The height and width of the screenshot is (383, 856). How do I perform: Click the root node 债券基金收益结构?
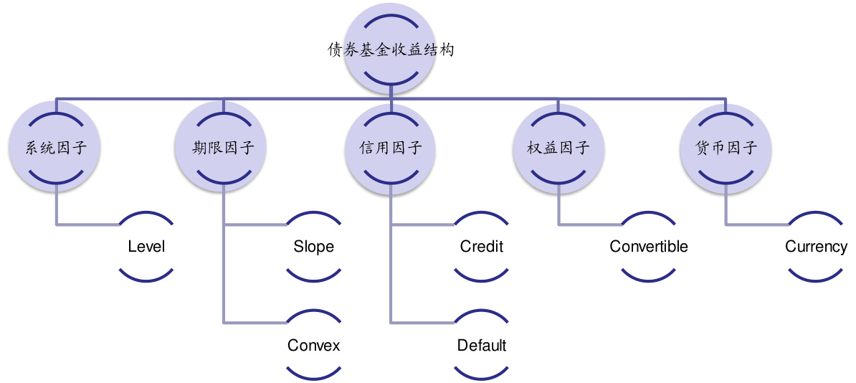[x=391, y=50]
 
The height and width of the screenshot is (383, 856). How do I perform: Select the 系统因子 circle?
[x=56, y=148]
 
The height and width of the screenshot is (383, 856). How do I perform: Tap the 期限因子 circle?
[x=224, y=148]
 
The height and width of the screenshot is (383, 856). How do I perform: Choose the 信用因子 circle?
[x=391, y=148]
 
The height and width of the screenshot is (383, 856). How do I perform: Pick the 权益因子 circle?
[x=558, y=148]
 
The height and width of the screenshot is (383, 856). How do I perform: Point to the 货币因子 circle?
[x=726, y=148]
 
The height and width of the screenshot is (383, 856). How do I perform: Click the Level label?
[x=146, y=247]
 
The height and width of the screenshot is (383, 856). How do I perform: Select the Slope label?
[x=313, y=247]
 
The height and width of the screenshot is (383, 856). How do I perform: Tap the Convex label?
[x=313, y=345]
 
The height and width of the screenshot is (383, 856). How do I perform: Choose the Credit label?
[x=482, y=247]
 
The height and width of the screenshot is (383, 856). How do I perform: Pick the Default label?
[x=482, y=345]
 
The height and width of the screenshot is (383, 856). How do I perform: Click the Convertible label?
[x=649, y=247]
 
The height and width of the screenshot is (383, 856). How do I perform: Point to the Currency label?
[x=816, y=247]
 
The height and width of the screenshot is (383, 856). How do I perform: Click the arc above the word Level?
[x=146, y=214]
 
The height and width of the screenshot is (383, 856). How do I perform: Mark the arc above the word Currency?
[x=816, y=214]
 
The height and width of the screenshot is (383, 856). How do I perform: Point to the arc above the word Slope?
[x=313, y=214]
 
